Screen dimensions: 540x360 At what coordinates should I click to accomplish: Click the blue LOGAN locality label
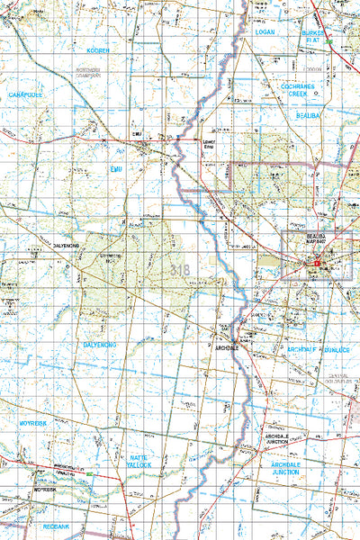coord(265,31)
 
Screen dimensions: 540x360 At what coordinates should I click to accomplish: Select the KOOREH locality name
coord(98,51)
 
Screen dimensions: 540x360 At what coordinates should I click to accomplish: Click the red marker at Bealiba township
coord(317,262)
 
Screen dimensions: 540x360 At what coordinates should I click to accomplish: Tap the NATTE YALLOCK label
coord(139,462)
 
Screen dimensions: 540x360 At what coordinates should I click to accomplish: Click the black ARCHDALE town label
coord(225,346)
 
